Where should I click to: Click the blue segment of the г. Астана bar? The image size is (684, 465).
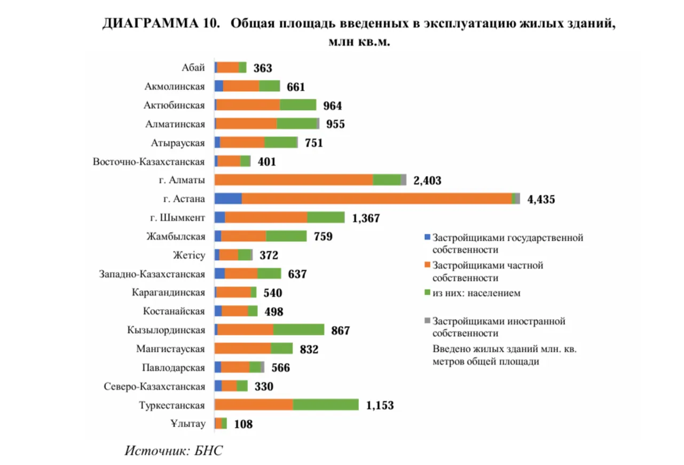pos(228,199)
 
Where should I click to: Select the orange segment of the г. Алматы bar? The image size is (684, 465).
pos(294,180)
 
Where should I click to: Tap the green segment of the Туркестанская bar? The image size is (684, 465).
pos(326,405)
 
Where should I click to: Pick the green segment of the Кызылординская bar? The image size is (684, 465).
pos(298,330)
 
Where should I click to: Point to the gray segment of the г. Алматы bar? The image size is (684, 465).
pos(404,180)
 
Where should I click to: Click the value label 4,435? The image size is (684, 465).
pos(541,200)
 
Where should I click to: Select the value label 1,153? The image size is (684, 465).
pos(380,406)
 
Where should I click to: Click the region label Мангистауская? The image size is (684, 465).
pos(171,349)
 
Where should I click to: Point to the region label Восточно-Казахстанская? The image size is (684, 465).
pos(149,162)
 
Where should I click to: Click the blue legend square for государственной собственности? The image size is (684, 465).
pos(426,237)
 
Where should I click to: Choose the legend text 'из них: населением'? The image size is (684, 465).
pos(476,293)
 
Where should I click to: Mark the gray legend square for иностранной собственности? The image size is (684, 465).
pos(426,321)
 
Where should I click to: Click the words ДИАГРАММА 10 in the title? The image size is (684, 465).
pos(161,25)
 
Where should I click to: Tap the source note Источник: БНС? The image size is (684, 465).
pos(174,451)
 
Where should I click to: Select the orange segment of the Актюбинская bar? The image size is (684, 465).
pos(248,105)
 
